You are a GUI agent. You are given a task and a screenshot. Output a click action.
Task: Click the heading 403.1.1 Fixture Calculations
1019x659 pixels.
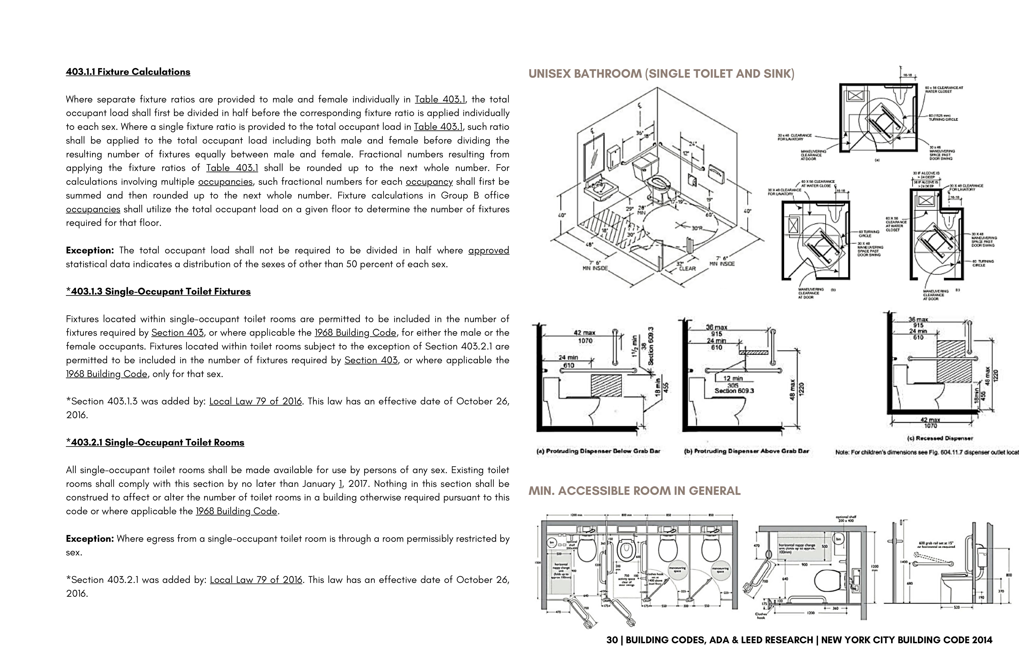(x=128, y=72)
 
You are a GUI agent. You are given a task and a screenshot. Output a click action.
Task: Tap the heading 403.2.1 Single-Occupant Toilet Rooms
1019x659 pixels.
(x=155, y=443)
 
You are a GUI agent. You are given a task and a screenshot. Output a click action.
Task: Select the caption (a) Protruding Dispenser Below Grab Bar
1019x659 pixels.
(x=598, y=451)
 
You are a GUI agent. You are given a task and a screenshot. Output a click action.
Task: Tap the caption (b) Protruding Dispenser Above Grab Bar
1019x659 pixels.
(x=746, y=451)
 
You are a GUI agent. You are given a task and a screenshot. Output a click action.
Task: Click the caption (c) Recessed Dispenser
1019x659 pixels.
(x=940, y=438)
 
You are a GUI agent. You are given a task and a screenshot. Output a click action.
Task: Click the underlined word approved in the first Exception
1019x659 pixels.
(x=489, y=250)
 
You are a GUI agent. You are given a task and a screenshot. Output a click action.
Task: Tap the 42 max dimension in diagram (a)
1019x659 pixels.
(x=584, y=332)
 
